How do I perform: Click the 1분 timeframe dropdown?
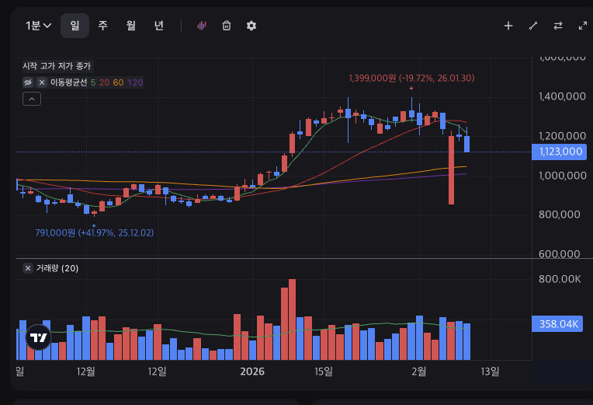39,26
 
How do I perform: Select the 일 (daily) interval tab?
75,26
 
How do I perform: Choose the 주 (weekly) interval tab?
102,26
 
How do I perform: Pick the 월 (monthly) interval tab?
130,26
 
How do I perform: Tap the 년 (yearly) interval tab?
158,26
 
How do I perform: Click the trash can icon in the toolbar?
227,26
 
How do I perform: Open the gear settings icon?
251,26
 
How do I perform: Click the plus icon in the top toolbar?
508,26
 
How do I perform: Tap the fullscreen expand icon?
583,26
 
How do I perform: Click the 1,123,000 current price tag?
557,152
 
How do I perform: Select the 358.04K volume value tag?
557,324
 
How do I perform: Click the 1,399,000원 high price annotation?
411,78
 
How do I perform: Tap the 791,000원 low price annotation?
94,232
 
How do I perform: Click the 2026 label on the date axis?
251,372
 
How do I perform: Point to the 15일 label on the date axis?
324,372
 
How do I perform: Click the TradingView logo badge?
39,337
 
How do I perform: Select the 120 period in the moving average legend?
135,82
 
